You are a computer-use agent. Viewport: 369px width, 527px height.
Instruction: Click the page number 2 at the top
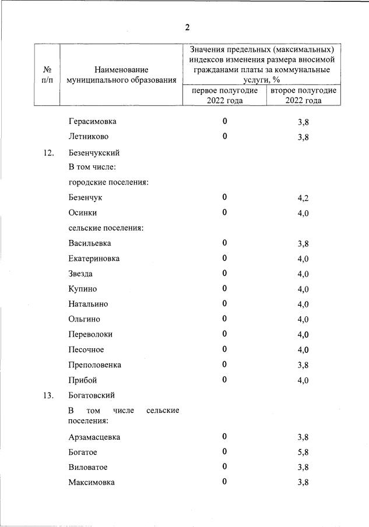pos(187,27)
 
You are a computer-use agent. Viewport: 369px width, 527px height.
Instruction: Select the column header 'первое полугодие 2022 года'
pos(224,96)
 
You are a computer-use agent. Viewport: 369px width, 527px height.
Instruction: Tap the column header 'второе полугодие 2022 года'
pos(303,96)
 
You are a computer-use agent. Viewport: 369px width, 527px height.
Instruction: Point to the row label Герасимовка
pos(92,122)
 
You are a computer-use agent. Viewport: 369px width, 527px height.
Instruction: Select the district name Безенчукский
pos(94,153)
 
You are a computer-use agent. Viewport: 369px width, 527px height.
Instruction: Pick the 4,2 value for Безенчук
pos(303,199)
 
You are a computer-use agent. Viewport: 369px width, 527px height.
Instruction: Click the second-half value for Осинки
pos(303,214)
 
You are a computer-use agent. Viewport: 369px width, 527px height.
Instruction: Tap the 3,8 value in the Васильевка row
pos(303,244)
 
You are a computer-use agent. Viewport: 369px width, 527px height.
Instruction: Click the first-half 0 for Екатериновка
pos(224,258)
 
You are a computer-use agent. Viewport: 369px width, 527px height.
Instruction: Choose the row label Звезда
pos(80,274)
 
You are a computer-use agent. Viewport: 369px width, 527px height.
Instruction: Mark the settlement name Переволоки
pos(90,334)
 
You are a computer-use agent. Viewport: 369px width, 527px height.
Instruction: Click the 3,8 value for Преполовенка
pos(303,366)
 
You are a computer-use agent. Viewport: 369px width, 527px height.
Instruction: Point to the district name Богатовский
pos(92,395)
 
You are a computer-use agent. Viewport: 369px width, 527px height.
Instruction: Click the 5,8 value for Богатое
pos(303,452)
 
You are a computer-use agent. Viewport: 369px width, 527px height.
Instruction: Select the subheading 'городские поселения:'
pos(108,183)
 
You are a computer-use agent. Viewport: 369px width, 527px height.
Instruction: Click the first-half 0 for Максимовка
pos(224,482)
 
